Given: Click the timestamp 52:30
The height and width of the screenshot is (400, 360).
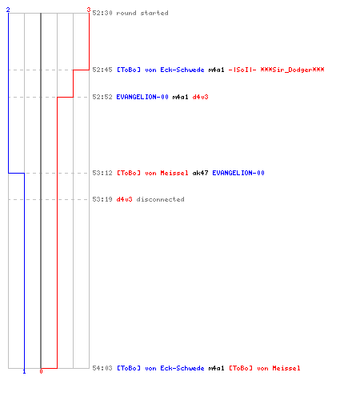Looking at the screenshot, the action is [102, 13].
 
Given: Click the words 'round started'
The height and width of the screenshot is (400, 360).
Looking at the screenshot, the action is [142, 13].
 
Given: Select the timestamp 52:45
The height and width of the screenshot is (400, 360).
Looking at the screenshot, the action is [102, 70].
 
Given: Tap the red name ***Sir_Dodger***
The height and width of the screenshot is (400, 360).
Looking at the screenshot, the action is [292, 70].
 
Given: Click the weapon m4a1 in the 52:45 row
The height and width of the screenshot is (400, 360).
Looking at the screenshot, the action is [216, 70].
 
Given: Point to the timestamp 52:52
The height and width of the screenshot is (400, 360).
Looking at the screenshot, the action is [102, 97].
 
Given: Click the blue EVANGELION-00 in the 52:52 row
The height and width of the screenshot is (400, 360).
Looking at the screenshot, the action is [142, 97].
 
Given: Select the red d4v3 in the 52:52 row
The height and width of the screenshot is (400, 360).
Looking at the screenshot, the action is [200, 97].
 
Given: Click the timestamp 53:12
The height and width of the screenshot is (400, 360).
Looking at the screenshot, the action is [102, 173].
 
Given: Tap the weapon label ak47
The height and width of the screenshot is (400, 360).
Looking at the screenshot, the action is [200, 173].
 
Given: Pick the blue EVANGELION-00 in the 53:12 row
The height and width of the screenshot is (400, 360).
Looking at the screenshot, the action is [238, 173].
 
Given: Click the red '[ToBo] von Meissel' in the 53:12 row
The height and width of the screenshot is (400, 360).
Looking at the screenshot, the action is [153, 173].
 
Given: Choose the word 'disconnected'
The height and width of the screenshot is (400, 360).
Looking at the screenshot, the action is [160, 199].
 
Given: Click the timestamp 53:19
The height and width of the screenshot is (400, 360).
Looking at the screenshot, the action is [102, 199].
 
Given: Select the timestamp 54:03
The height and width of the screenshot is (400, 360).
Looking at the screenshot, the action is [102, 368].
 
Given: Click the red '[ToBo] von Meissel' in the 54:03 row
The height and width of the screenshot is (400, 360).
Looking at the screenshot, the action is [265, 368].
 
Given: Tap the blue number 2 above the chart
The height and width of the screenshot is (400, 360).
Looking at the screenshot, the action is [8, 10].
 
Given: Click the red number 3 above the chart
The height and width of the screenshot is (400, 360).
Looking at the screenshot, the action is [89, 10].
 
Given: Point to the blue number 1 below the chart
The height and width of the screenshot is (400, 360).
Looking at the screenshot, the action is [24, 371].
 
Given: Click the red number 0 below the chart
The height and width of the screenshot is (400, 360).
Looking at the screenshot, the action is [41, 371].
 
